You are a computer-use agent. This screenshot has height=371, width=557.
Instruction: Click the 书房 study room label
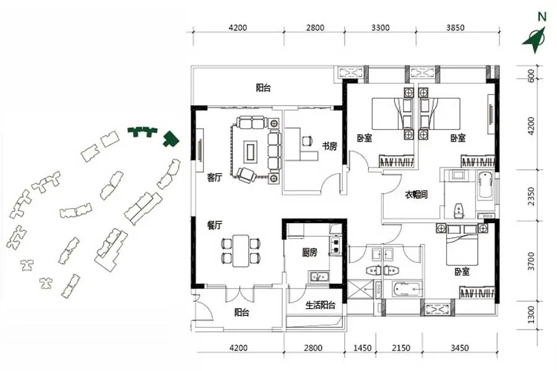point(329,146)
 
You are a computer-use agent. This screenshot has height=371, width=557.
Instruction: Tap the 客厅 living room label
point(215,177)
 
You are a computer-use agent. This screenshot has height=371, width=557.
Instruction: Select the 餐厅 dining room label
point(215,226)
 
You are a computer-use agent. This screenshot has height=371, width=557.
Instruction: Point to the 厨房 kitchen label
point(309,252)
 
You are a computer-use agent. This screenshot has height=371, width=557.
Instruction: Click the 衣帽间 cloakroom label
point(417,195)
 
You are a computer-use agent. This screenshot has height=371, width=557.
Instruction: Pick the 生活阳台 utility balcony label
point(321,305)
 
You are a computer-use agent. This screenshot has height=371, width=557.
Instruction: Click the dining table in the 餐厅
point(241,250)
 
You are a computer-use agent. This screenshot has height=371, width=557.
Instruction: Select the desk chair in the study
point(307,141)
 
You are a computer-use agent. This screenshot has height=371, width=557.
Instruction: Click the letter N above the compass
point(542,17)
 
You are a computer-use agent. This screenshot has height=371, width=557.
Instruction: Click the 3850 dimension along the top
point(455,27)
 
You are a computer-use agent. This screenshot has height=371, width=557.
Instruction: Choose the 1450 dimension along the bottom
point(362,348)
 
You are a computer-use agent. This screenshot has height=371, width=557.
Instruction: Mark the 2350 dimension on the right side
point(531,197)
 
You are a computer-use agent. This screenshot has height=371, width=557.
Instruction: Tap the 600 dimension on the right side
point(531,76)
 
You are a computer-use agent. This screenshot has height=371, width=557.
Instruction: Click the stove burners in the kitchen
point(335,245)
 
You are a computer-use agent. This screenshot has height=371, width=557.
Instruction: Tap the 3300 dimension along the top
point(381,27)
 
